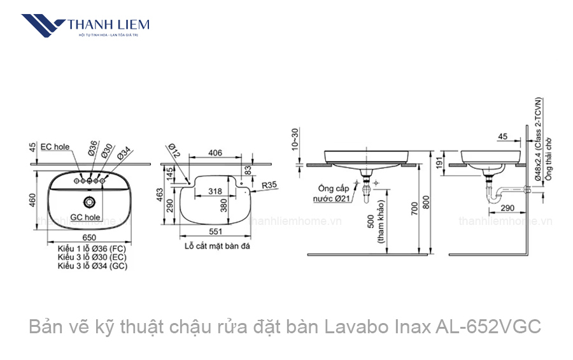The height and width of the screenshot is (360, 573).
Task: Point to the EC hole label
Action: coord(55,147)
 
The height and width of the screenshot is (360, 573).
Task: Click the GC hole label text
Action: coord(86,217)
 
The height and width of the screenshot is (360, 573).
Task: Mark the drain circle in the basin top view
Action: coord(90,203)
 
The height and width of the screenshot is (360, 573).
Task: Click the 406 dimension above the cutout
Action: coord(215,153)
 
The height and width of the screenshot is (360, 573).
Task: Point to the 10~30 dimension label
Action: coord(295,138)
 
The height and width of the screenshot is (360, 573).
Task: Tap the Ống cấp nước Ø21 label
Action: coord(334,194)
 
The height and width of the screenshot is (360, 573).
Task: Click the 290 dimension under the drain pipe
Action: coord(507,208)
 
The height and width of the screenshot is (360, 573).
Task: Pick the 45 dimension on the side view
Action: coord(502,137)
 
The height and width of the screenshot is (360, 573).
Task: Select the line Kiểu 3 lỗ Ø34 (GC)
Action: coord(93,266)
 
